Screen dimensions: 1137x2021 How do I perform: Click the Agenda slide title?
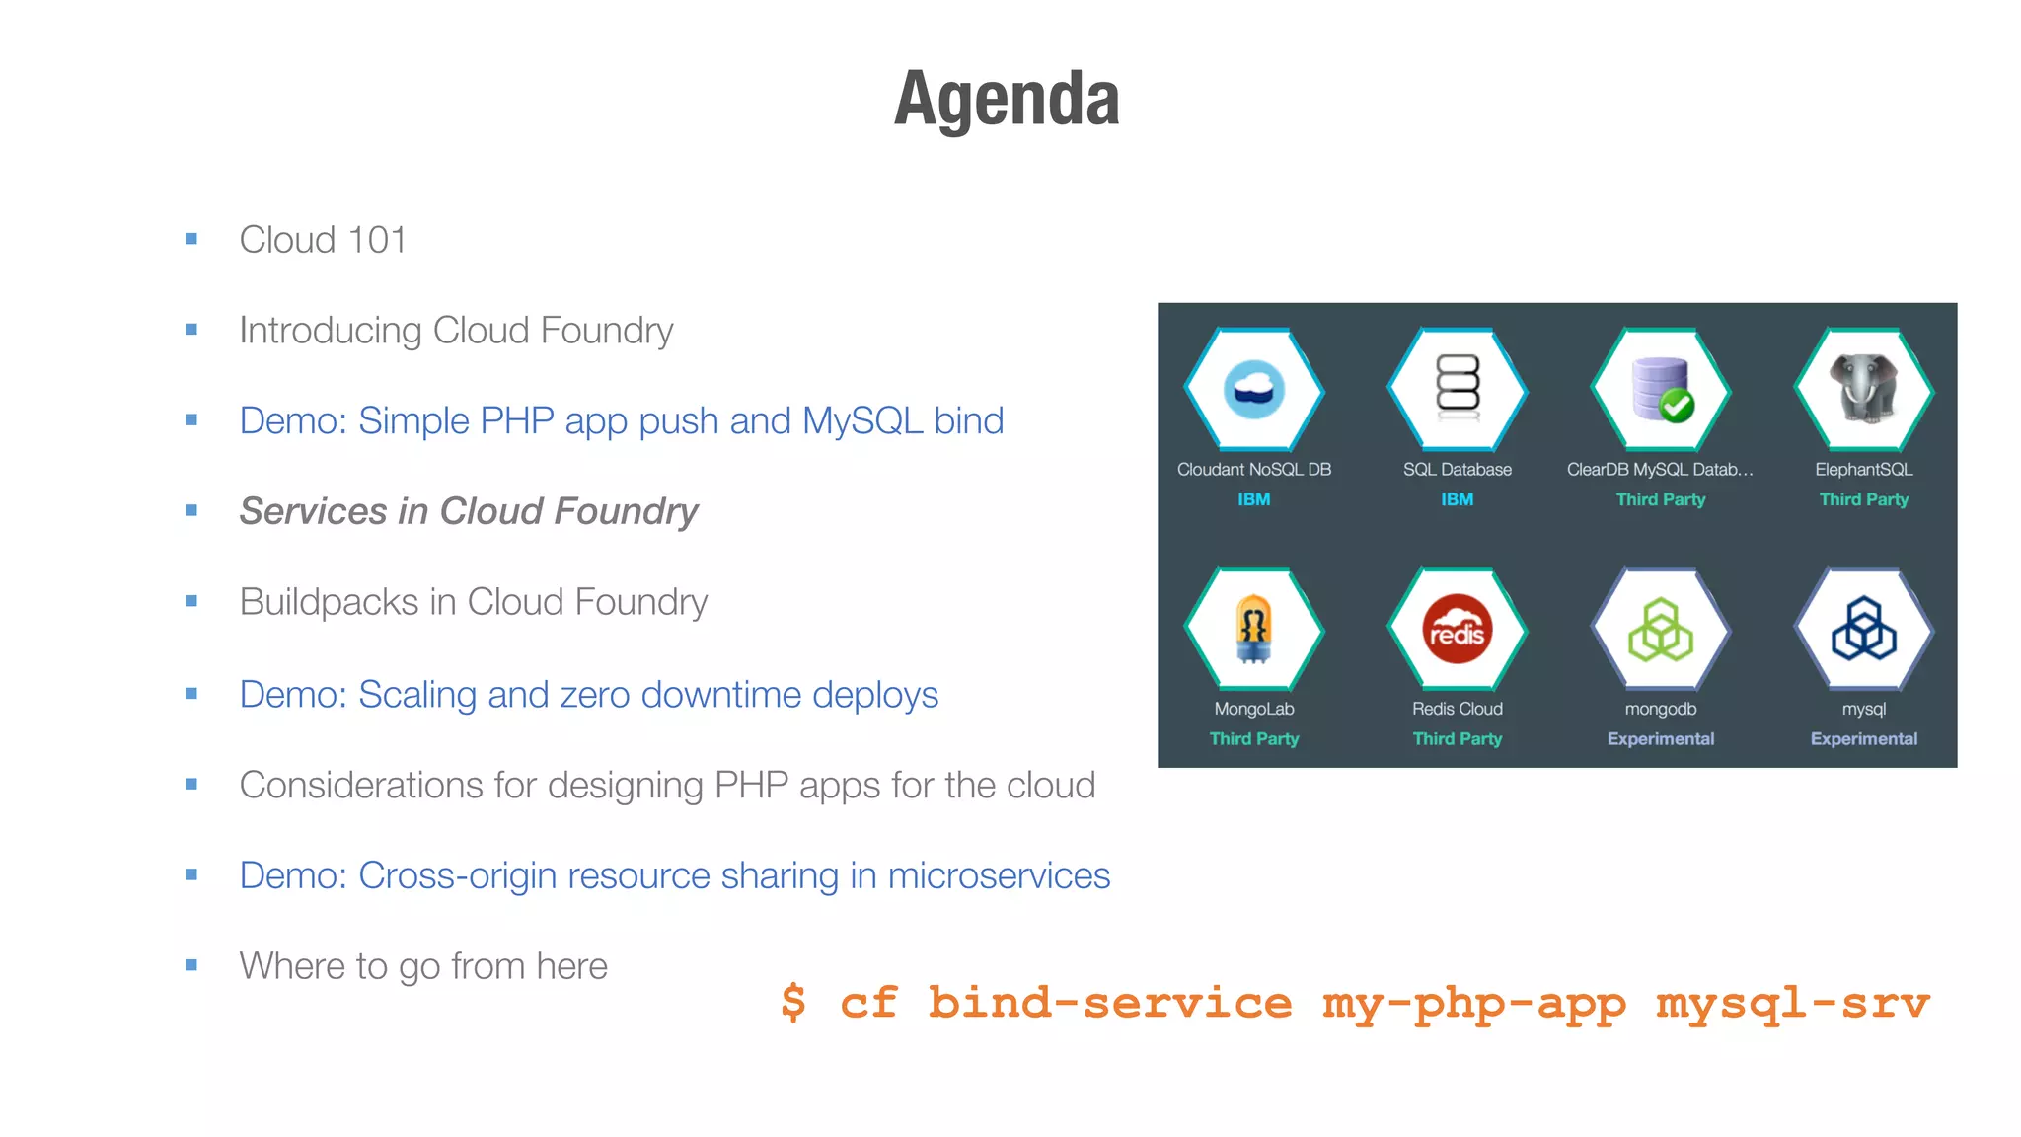(1007, 99)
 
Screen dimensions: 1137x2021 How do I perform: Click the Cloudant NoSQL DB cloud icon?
(1253, 389)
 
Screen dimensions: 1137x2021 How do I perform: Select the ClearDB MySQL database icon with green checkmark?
(1662, 389)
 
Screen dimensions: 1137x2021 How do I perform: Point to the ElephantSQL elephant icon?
(1863, 389)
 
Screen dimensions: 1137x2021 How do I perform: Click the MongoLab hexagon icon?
(1253, 629)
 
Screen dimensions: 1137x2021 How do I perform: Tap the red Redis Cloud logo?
(1457, 629)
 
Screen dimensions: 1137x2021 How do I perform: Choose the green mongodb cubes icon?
(1660, 629)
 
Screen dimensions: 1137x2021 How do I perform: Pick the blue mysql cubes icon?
(1863, 629)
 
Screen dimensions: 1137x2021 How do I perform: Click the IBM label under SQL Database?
(1457, 499)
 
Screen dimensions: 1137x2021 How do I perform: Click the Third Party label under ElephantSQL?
(1863, 499)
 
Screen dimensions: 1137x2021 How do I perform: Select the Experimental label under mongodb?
(1660, 738)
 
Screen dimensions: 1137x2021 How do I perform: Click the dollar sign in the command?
(793, 1003)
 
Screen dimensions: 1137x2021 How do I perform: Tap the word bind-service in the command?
(1109, 1003)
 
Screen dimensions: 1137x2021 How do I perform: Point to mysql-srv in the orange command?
(1792, 1003)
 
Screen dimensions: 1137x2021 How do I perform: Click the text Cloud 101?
(323, 240)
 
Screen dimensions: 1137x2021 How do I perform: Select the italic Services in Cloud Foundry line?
(469, 511)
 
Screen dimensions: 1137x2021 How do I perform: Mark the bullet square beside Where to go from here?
(191, 965)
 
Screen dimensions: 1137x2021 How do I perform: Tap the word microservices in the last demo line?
(998, 875)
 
